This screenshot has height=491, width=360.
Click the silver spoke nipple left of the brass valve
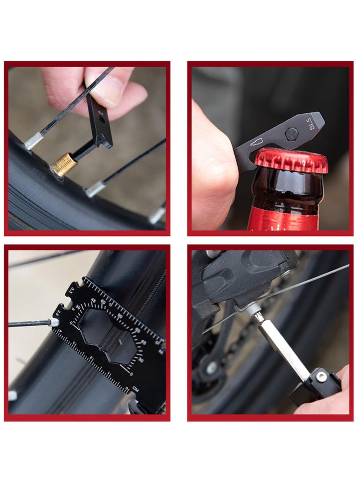34,141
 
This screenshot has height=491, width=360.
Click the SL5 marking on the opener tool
312,125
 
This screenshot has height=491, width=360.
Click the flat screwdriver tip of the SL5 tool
320,119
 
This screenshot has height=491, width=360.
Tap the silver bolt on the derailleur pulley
211,369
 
